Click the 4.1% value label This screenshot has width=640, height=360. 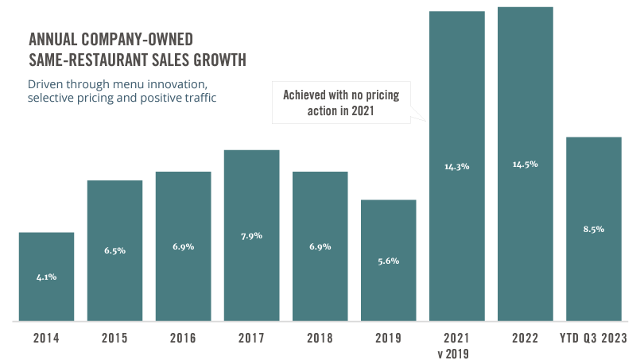46,277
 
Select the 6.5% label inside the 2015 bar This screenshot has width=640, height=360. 114,250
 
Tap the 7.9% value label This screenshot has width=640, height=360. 251,235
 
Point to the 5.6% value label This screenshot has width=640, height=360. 388,261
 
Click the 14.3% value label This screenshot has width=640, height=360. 456,167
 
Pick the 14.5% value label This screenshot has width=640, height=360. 526,165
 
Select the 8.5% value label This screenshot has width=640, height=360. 593,229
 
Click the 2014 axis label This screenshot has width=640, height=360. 46,338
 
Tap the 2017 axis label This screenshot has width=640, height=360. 251,338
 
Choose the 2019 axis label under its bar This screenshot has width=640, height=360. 388,338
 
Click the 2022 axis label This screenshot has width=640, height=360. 526,338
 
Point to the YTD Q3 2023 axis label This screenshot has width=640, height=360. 594,338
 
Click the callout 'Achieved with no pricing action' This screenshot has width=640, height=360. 341,103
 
